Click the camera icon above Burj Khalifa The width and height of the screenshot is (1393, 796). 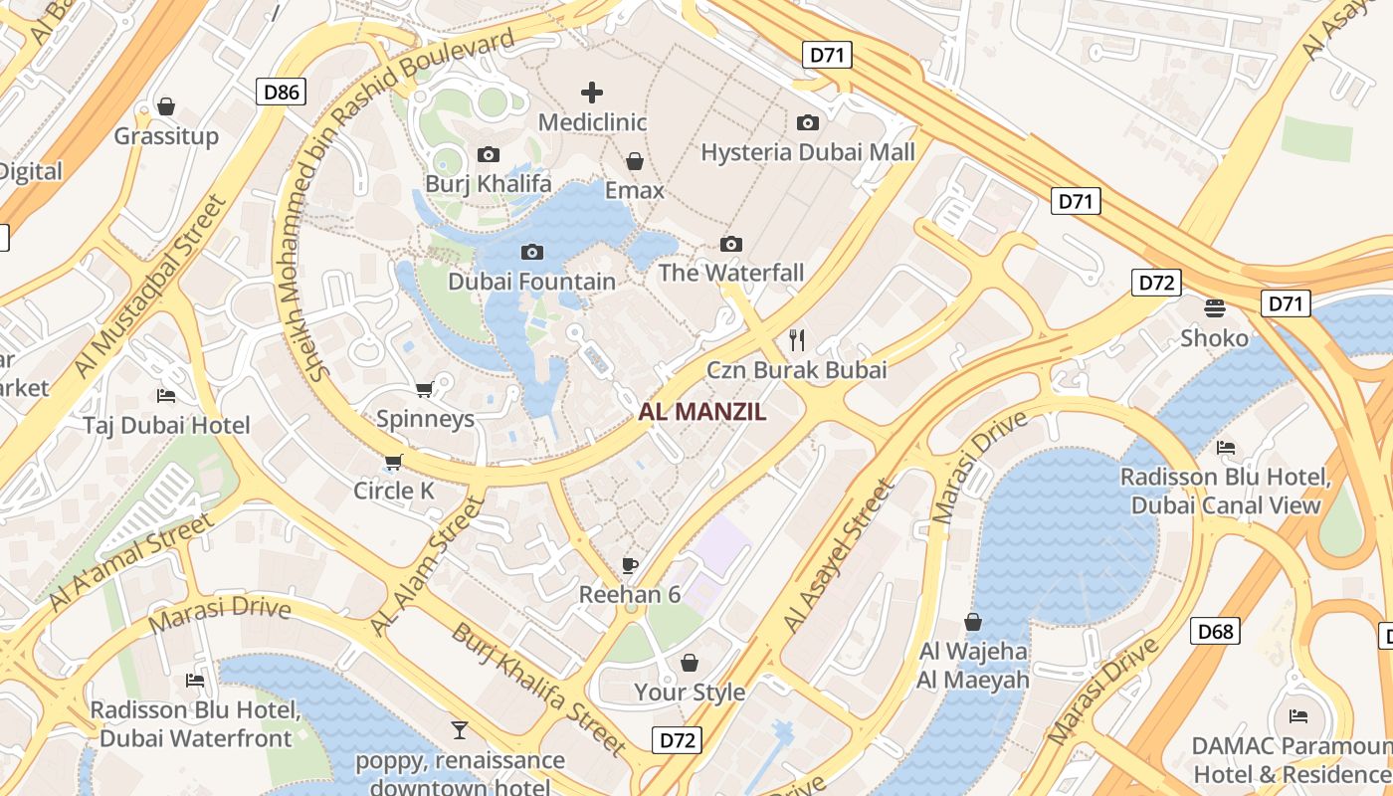pos(488,154)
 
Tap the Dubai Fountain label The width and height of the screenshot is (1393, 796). pos(531,282)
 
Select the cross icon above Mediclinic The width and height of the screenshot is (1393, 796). pos(592,93)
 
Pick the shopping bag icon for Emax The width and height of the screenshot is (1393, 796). pos(634,161)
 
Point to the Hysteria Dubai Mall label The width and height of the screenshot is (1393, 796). pos(807,152)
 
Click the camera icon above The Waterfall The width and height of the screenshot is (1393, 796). pos(731,244)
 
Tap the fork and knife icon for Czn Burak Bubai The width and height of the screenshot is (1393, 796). pos(796,340)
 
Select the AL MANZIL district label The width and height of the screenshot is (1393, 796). pos(702,412)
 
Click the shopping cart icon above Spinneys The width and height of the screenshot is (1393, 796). pos(425,389)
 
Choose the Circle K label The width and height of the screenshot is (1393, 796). pos(394,491)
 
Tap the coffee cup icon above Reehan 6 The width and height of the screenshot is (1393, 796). pos(629,565)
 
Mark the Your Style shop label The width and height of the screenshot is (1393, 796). pos(690,692)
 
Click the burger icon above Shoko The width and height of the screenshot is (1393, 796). pos(1214,307)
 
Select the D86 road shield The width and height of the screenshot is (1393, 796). pos(281,93)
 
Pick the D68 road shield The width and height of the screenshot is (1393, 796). pos(1215,631)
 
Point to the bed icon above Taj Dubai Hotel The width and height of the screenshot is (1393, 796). pos(166,395)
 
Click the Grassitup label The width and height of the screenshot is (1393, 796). pos(166,135)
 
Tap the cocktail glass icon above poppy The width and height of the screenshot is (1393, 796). pos(459,730)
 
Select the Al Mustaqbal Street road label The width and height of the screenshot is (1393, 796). pos(150,289)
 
